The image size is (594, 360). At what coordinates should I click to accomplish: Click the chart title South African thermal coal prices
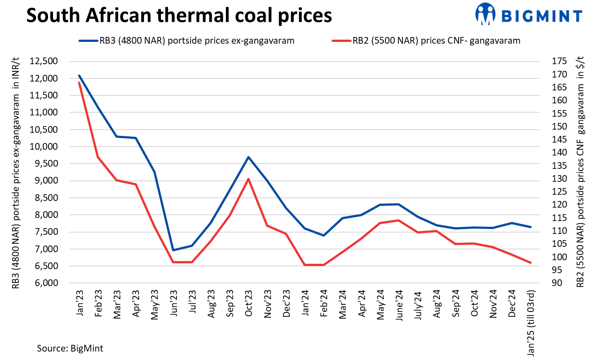(x=179, y=16)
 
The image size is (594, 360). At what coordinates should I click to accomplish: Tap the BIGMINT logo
(x=528, y=14)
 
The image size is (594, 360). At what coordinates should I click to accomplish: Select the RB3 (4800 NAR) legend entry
(x=186, y=41)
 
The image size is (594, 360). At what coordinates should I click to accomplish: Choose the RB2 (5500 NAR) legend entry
(x=426, y=41)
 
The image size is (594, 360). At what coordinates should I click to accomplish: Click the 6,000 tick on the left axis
(x=45, y=283)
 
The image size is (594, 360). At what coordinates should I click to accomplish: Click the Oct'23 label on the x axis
(x=249, y=303)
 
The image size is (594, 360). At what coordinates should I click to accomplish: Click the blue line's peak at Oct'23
(x=248, y=157)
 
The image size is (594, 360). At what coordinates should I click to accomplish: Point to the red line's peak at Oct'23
(x=248, y=179)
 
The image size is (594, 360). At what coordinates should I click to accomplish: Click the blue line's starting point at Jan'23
(x=79, y=76)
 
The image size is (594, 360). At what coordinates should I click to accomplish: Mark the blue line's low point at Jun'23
(x=173, y=250)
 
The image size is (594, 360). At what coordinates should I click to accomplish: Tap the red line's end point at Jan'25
(x=530, y=262)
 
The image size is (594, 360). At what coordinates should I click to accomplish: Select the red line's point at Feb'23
(x=98, y=157)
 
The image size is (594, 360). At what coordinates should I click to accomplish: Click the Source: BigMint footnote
(x=70, y=348)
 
